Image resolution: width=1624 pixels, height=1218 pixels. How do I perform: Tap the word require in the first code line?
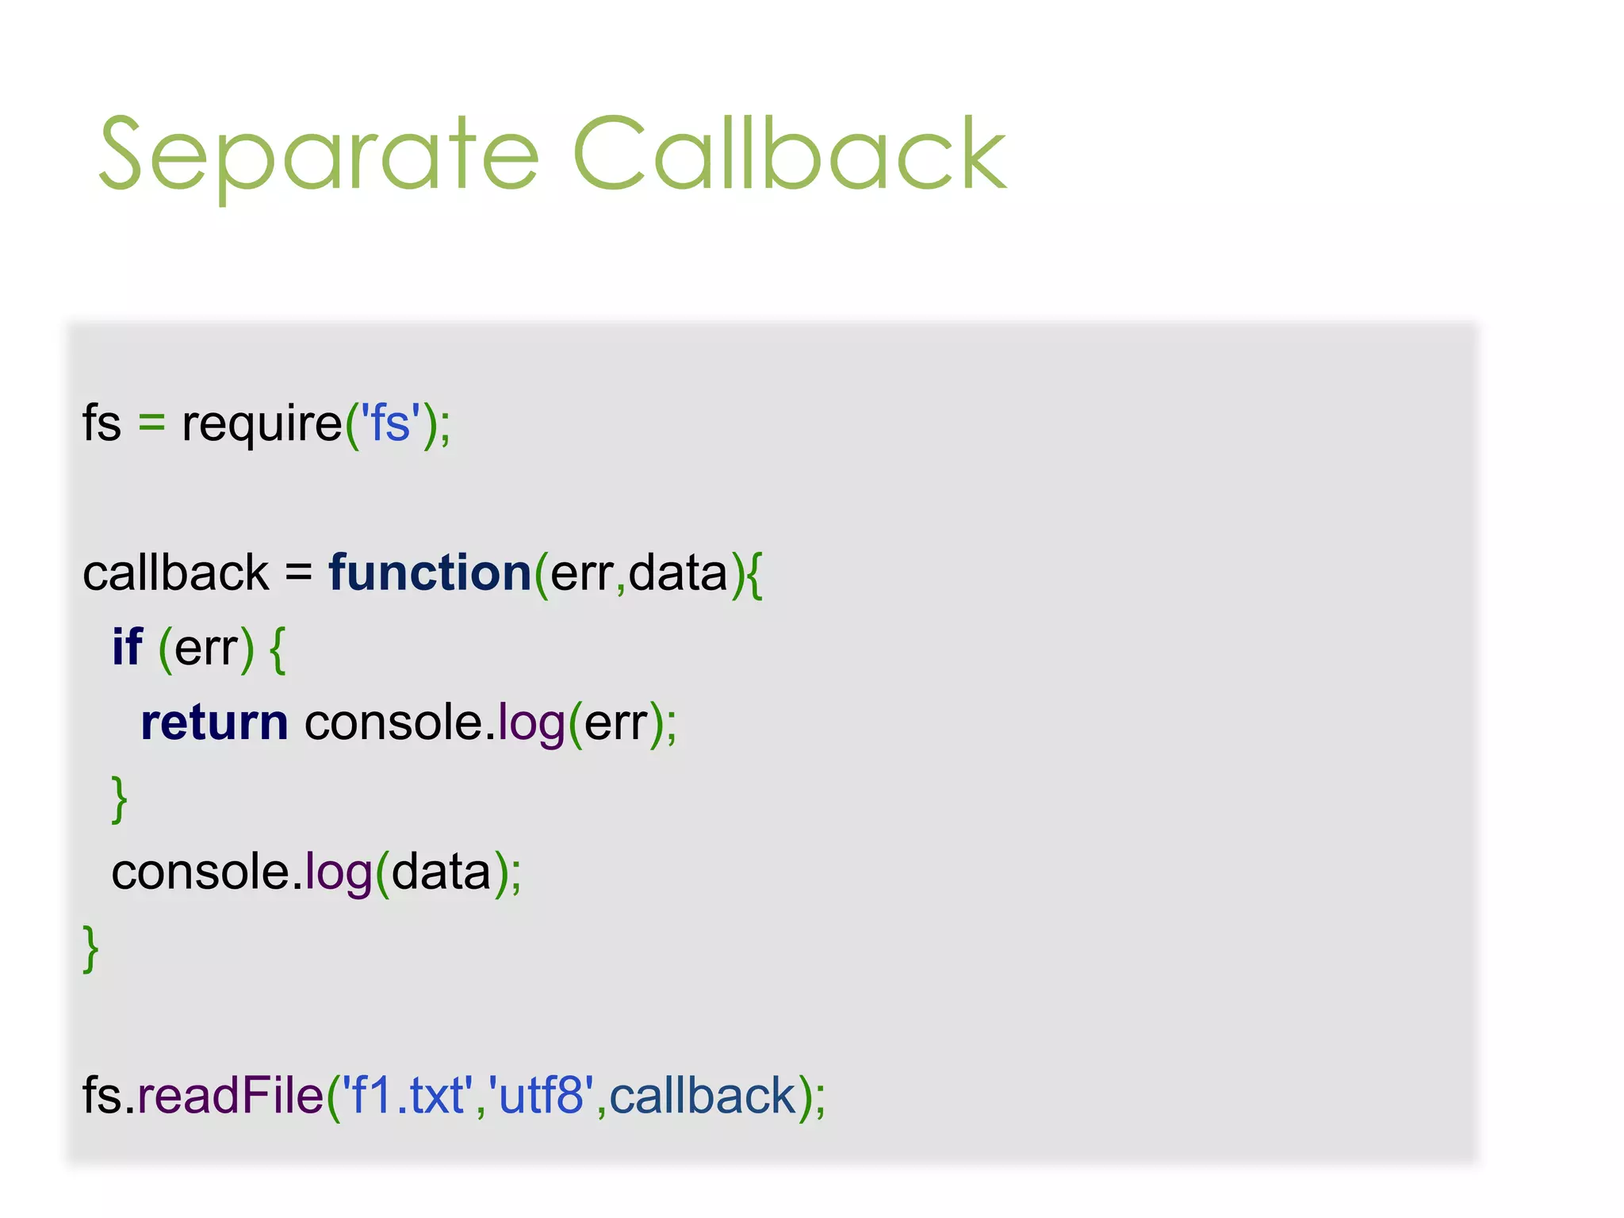[x=262, y=423]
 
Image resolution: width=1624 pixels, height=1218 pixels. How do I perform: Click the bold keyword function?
[x=430, y=573]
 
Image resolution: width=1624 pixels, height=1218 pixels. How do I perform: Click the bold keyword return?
[x=214, y=722]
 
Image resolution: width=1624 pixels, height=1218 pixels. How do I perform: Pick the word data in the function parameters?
[x=678, y=573]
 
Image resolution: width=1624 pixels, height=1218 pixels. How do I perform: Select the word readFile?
[x=230, y=1096]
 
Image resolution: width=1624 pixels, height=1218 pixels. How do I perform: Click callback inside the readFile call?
[x=702, y=1096]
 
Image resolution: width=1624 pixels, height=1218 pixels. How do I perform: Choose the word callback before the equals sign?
[x=175, y=573]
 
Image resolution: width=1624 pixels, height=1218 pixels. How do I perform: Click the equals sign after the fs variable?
[x=151, y=423]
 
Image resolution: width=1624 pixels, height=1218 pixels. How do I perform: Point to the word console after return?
[x=393, y=722]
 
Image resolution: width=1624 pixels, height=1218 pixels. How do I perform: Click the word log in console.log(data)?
[x=339, y=872]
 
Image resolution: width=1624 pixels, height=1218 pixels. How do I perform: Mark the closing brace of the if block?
[x=119, y=799]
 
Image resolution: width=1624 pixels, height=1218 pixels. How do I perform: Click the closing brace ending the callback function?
[x=90, y=948]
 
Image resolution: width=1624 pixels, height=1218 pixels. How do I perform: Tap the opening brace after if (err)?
[x=278, y=649]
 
